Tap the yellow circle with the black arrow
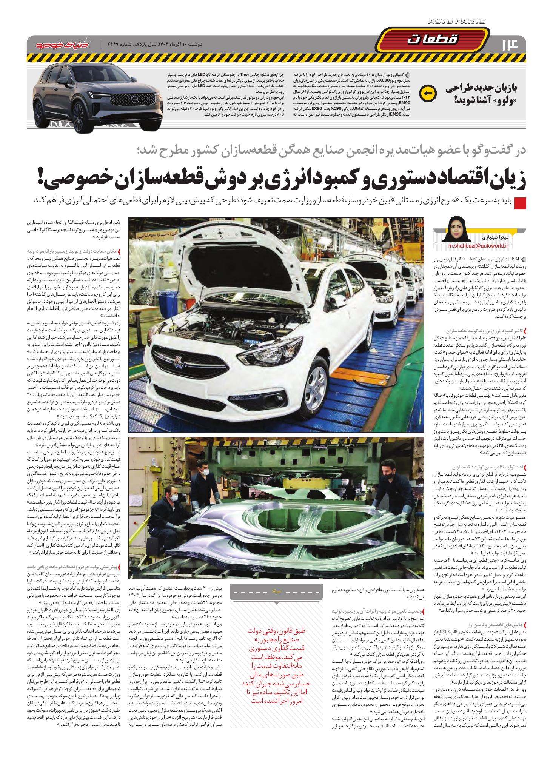tap(427, 93)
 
